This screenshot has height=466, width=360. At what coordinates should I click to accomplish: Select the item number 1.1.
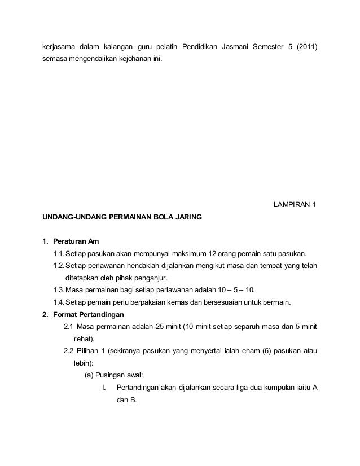click(x=58, y=253)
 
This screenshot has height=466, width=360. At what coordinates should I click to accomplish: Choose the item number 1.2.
click(x=58, y=266)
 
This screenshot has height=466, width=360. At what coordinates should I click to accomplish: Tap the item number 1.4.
click(x=58, y=302)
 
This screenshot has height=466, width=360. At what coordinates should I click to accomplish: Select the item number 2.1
click(x=69, y=327)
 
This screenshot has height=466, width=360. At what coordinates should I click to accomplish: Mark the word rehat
click(x=84, y=339)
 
